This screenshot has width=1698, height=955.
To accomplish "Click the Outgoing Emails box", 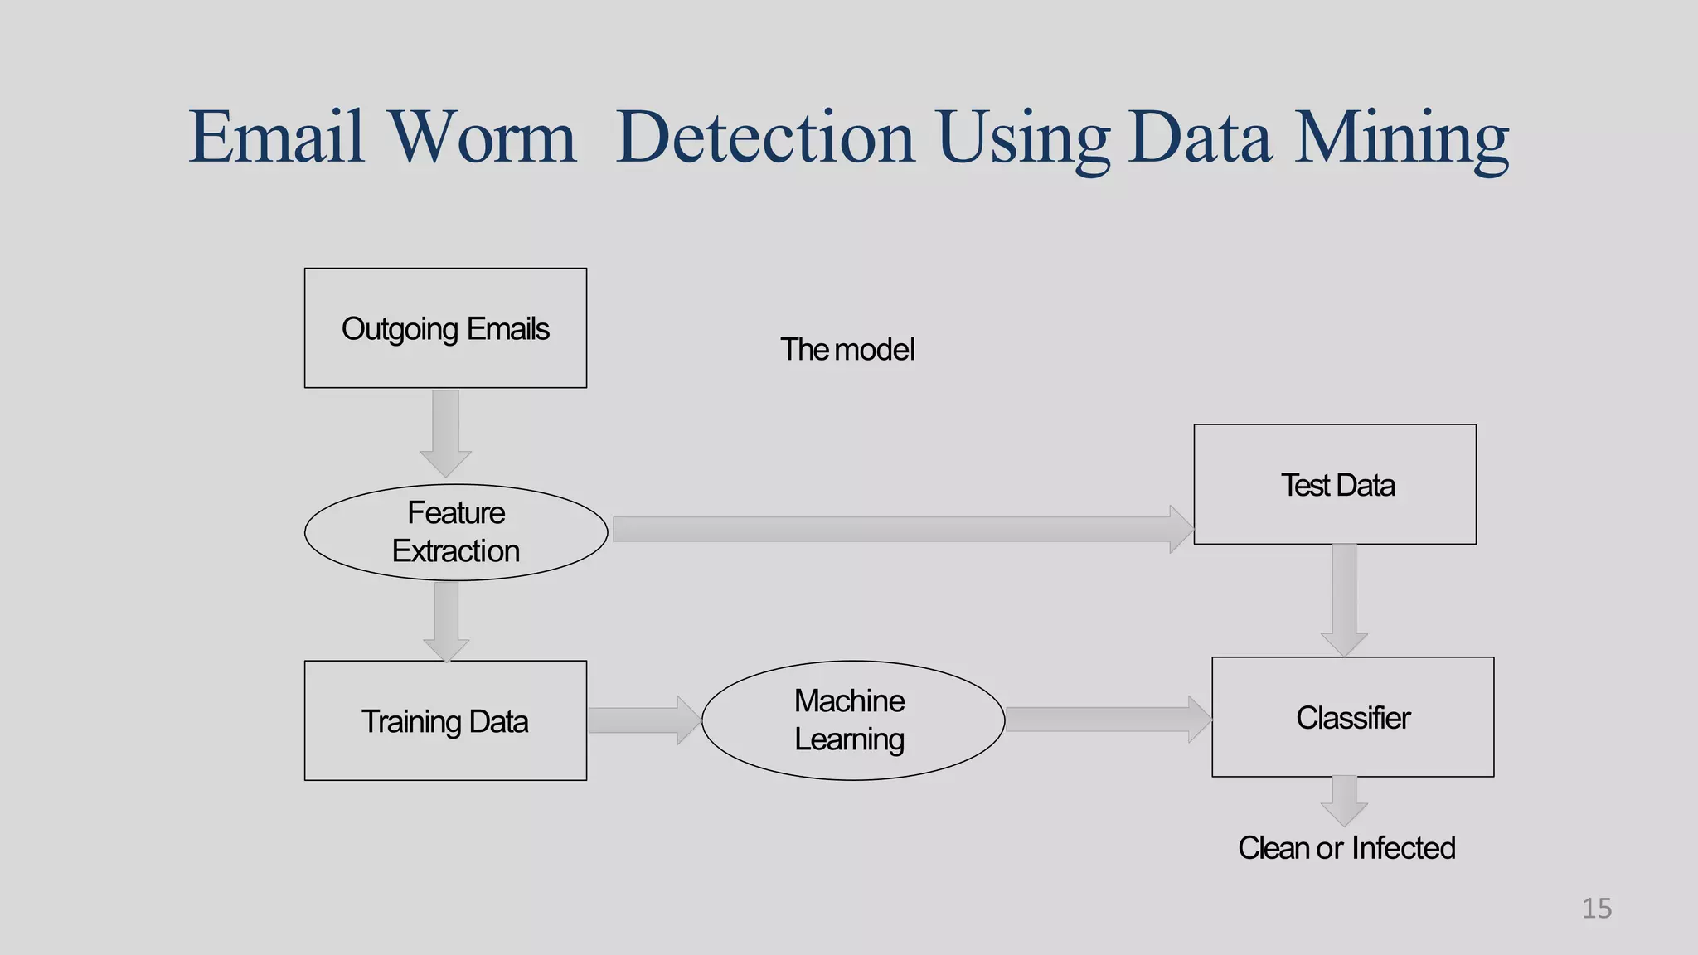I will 445,328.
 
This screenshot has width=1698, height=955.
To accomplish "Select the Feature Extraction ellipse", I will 456,532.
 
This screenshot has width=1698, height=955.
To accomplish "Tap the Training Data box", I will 445,720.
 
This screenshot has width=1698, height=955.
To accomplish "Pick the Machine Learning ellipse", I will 852,720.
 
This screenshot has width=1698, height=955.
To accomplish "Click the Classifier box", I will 1352,717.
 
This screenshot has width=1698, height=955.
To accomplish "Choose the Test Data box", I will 1335,484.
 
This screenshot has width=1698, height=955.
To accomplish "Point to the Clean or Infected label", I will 1346,848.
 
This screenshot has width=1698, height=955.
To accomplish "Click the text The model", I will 847,350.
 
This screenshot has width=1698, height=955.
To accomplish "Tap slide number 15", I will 1596,909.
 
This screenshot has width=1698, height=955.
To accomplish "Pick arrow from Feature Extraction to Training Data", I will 446,620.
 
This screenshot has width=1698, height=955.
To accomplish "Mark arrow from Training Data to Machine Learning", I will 643,720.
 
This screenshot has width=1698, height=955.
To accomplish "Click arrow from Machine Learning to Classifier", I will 1107,719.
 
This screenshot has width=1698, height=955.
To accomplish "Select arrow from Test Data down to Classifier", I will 1344,599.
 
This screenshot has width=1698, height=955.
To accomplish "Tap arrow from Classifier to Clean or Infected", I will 1344,800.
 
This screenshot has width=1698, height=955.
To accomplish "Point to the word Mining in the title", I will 1401,137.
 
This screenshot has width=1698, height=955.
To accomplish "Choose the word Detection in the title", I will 764,137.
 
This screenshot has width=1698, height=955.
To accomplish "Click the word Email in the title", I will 276,137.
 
